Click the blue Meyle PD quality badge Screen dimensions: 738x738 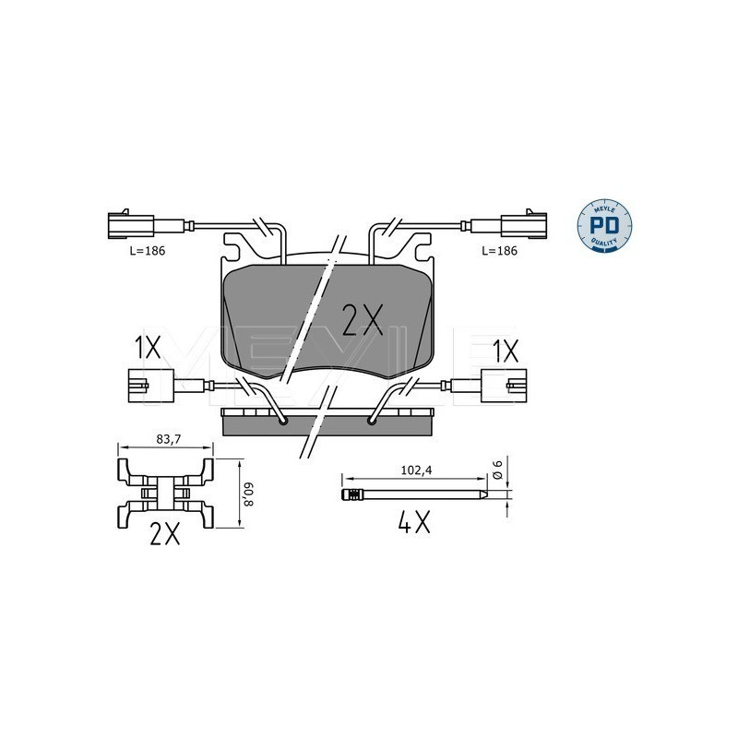pyautogui.click(x=604, y=226)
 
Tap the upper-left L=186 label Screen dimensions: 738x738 pyautogui.click(x=148, y=251)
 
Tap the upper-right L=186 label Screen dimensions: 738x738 pyautogui.click(x=499, y=251)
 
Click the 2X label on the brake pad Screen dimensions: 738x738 pyautogui.click(x=363, y=320)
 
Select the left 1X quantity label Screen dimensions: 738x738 pyautogui.click(x=148, y=349)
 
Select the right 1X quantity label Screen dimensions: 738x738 pyautogui.click(x=505, y=351)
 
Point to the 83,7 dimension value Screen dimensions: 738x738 pyautogui.click(x=169, y=439)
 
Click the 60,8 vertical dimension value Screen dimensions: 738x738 pyautogui.click(x=249, y=493)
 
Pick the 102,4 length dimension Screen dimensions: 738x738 pyautogui.click(x=416, y=470)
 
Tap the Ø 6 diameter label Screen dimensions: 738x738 pyautogui.click(x=498, y=470)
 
